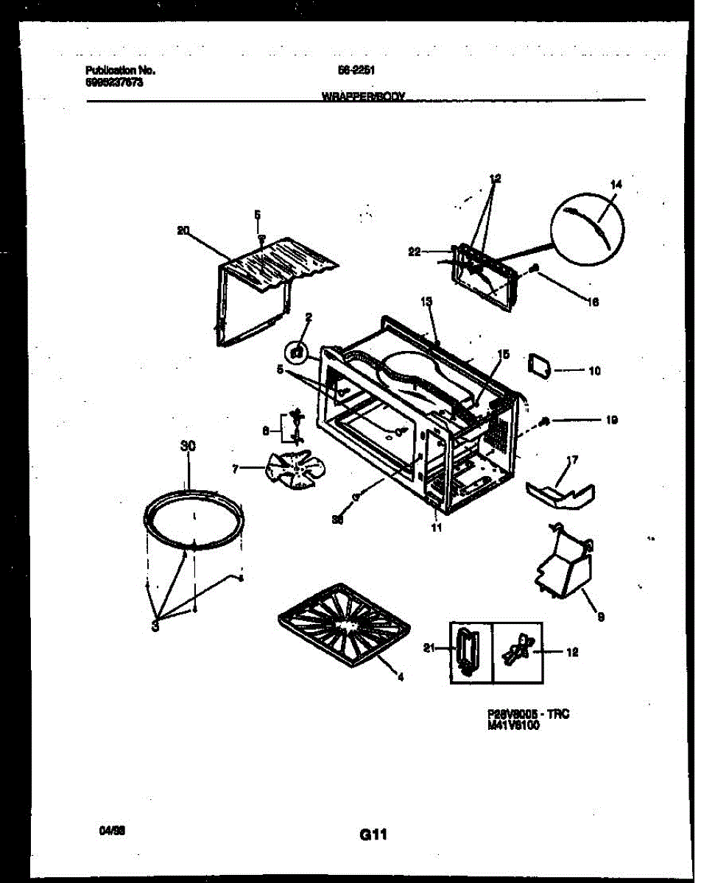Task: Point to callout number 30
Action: coord(187,446)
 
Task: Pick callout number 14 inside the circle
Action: coord(616,185)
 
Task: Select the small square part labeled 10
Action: coord(540,364)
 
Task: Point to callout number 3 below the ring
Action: coord(155,626)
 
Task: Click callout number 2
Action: coord(309,318)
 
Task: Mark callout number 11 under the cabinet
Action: coord(437,527)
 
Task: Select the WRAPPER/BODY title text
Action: coord(364,96)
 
